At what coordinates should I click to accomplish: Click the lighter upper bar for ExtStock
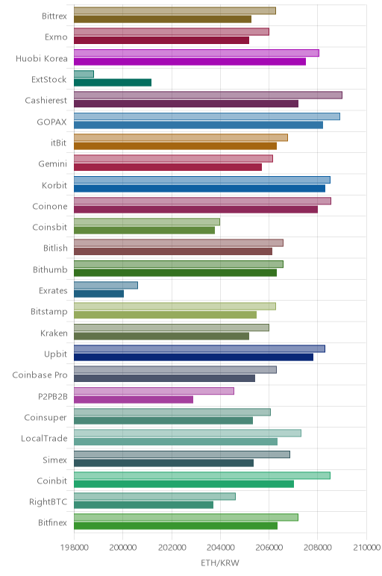coord(84,74)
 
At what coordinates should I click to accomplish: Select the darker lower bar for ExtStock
coord(113,83)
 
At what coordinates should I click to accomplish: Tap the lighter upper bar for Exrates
coord(106,285)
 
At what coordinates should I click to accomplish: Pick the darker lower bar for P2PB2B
coord(134,399)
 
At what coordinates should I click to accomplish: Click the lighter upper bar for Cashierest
coord(208,96)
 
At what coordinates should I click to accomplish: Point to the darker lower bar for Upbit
coord(193,357)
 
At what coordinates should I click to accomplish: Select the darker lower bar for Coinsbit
coord(144,231)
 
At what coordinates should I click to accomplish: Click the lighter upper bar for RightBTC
coord(154,496)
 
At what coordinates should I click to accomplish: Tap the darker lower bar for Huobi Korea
coord(190,61)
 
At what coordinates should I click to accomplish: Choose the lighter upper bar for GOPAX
coord(207,116)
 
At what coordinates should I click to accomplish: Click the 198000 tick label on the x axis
coord(74,548)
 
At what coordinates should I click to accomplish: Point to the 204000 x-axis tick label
coord(220,548)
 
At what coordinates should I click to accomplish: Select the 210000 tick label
coord(366,548)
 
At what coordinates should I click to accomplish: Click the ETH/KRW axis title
coord(220,563)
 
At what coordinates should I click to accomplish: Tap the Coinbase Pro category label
coord(40,375)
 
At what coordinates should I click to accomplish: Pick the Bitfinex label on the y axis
coord(52,523)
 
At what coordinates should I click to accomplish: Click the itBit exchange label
coord(59,143)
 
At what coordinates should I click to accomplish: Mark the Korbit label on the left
coord(54,185)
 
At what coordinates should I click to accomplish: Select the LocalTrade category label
coord(44,438)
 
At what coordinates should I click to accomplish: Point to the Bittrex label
coord(54,16)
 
